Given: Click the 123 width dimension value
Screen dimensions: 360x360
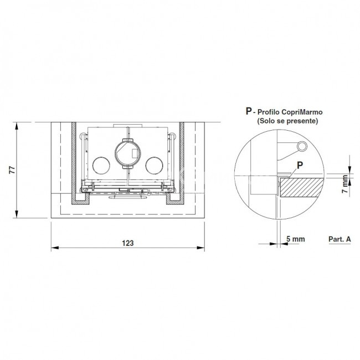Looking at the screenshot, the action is pos(127,243).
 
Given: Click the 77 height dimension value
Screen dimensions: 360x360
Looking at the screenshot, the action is pos(12,169).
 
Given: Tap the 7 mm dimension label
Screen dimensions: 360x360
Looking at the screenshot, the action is pos(344,184).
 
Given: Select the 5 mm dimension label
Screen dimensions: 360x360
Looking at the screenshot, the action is pos(296,239).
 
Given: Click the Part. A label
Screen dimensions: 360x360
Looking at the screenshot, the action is pos(340,239).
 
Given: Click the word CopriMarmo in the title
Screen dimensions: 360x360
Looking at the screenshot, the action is pos(302,112).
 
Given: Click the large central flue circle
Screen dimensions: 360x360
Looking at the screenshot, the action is pos(127,153).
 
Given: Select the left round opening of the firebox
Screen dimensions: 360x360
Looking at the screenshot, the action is pos(101,165).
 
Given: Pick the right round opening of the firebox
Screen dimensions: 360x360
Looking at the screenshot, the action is pos(155,165).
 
